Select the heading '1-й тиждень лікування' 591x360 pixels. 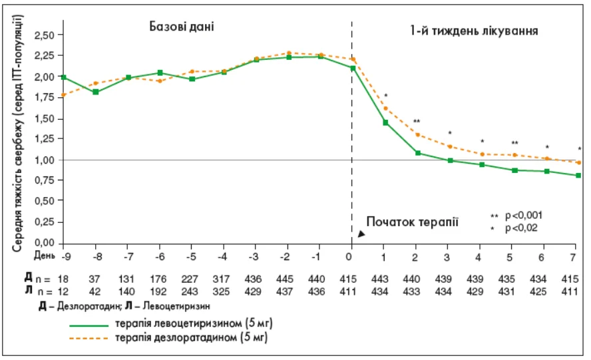tap(474, 30)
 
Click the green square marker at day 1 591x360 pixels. tap(385, 122)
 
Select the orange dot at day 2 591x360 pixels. tap(417, 134)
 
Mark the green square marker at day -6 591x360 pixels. tap(160, 73)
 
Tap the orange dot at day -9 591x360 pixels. tap(63, 95)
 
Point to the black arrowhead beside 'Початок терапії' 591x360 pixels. tap(361, 234)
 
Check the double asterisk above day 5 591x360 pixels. tap(514, 143)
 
